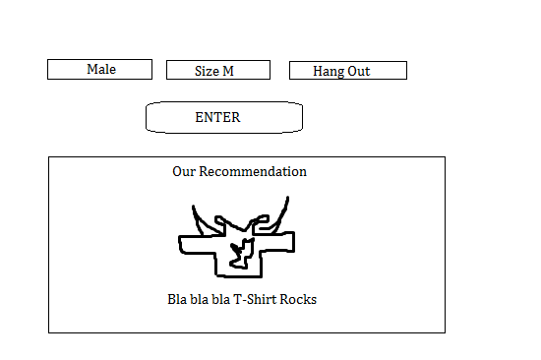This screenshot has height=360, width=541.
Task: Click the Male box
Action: (x=99, y=70)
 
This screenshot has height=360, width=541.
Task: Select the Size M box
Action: (x=218, y=70)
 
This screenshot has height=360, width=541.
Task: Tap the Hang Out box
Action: (x=348, y=71)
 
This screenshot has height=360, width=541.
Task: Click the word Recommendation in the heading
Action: (x=253, y=171)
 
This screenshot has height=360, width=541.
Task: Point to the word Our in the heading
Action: (x=184, y=171)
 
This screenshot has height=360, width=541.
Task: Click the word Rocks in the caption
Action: (x=298, y=299)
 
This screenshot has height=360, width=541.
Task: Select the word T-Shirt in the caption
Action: (x=255, y=299)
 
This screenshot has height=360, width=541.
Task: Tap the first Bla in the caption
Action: (x=177, y=299)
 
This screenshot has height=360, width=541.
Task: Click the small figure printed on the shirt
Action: (x=243, y=254)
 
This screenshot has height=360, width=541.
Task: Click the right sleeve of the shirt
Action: (x=277, y=242)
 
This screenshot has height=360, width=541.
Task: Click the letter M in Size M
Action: (x=228, y=71)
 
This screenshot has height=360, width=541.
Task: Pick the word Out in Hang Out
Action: (x=359, y=71)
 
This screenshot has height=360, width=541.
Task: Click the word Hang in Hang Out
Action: (x=329, y=72)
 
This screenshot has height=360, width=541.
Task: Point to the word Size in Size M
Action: (x=207, y=71)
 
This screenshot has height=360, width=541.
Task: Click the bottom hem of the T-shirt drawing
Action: (x=239, y=275)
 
